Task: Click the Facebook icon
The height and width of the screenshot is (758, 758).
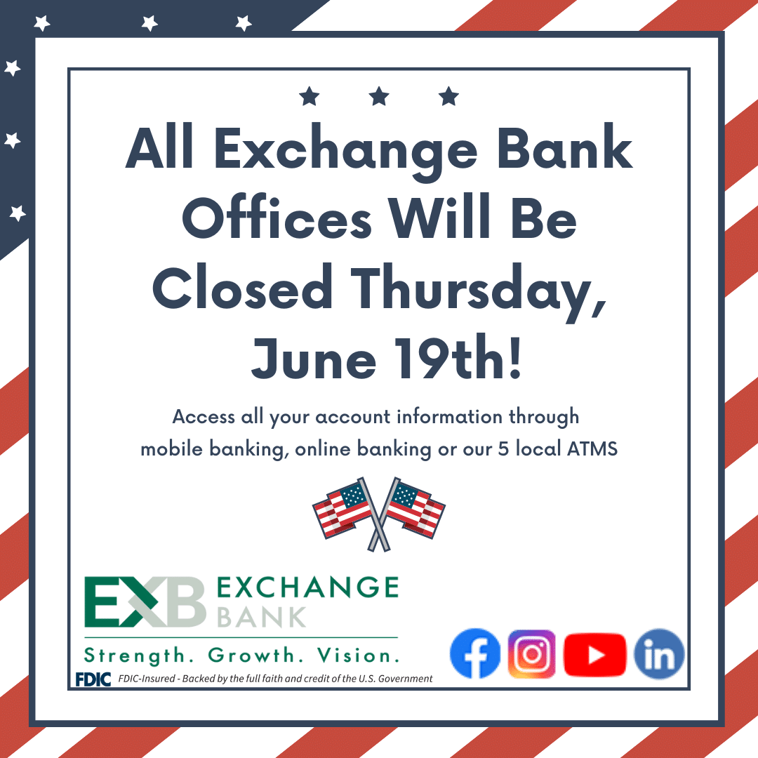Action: pos(475,653)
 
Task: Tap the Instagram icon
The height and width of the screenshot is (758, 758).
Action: pos(532,654)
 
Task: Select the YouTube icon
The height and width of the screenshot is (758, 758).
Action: pos(595,654)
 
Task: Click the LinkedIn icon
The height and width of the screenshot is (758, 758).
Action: pos(659,654)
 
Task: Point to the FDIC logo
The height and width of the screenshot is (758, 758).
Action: pos(93,679)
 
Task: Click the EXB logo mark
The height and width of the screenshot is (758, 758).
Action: pos(145,602)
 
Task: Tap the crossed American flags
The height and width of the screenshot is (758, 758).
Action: pos(379,514)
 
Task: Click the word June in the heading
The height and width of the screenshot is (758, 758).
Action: pos(314,359)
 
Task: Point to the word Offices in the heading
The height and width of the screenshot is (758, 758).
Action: pos(277,217)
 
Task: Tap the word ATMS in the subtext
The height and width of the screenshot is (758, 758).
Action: pos(592,449)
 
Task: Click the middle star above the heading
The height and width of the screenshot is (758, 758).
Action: pos(379,96)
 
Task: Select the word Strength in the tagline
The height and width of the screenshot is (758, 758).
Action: pos(135,656)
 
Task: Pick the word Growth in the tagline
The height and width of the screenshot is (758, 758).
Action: pos(251,656)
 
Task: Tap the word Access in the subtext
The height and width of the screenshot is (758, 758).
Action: pos(204,417)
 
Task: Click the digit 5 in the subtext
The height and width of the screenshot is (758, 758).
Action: pos(503,449)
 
